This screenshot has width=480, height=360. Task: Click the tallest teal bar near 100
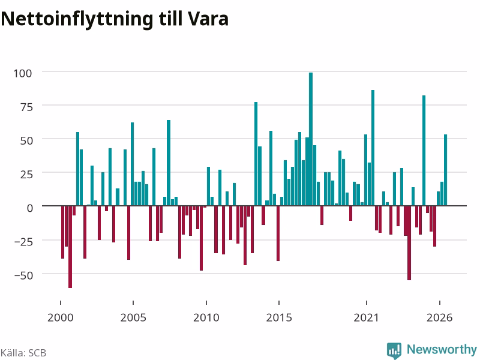311,139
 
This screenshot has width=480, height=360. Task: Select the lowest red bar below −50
70,247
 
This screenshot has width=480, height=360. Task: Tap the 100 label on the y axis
22,73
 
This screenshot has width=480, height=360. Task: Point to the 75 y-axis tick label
26,107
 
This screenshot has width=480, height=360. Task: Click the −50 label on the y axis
23,275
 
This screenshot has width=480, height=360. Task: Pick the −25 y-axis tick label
23,242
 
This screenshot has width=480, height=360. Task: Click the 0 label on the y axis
29,208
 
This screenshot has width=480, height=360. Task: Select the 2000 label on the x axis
61,317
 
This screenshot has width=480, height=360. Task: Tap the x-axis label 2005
133,317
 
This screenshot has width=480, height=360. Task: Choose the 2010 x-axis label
206,317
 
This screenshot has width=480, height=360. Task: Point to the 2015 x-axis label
279,317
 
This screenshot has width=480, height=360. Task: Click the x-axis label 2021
366,317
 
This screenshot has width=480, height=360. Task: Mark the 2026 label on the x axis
439,317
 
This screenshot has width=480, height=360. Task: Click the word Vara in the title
208,19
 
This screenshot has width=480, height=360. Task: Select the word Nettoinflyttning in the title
77,20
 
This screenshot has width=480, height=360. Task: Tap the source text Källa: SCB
23,353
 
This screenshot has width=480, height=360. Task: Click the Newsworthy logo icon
394,350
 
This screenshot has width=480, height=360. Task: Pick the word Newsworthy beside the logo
442,349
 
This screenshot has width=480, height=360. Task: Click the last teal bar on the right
445,170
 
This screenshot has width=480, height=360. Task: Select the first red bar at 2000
63,232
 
